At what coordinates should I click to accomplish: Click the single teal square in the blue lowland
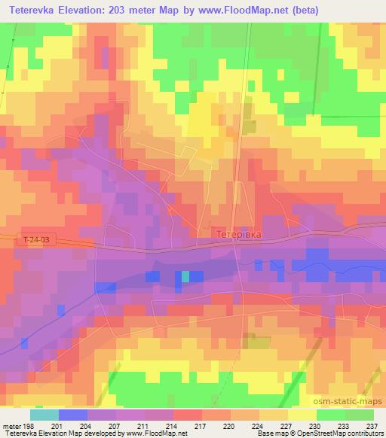tap(185, 276)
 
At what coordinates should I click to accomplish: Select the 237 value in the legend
tap(371, 426)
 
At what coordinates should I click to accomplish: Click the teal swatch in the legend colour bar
tap(44, 415)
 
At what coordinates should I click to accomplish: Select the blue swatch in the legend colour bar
tap(72, 415)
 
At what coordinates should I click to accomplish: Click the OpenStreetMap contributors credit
tap(342, 433)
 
